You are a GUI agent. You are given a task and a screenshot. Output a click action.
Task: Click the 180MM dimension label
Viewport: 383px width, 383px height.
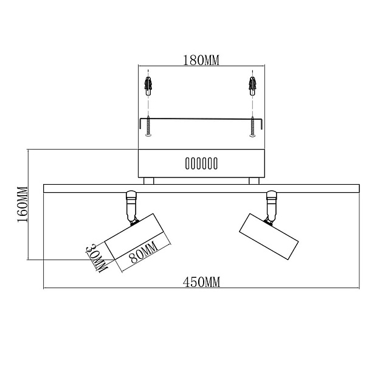201,60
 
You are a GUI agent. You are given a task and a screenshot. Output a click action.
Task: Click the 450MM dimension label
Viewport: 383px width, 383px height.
201,282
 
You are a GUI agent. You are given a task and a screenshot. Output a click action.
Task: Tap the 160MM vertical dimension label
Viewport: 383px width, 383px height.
22,205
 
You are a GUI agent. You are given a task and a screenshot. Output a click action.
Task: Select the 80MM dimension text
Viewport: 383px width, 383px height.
143,252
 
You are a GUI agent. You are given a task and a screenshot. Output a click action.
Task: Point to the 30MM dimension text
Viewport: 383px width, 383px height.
96,258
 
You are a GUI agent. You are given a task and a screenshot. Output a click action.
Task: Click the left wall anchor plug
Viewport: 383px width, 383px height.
148,86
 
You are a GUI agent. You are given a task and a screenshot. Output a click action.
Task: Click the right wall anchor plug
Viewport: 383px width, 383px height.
252,86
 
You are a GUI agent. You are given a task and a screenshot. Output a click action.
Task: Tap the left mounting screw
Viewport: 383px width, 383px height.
148,126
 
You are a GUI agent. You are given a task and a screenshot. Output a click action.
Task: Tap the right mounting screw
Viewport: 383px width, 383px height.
252,126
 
